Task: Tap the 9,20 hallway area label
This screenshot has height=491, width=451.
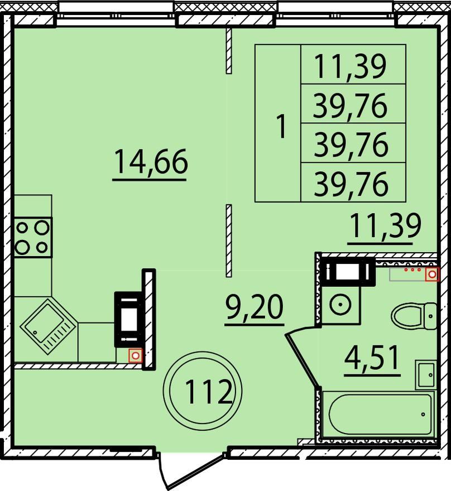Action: tap(255, 307)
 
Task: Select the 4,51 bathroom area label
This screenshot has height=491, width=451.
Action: tap(372, 358)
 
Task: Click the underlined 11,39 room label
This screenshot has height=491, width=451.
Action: tap(386, 226)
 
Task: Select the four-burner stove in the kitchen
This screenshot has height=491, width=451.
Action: tap(33, 237)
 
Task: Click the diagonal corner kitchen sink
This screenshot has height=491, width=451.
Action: tap(47, 326)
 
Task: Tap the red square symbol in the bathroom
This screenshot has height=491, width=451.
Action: tap(432, 275)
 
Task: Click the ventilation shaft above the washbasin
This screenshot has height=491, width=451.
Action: tap(348, 271)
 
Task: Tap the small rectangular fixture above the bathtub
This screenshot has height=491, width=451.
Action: tap(426, 374)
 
